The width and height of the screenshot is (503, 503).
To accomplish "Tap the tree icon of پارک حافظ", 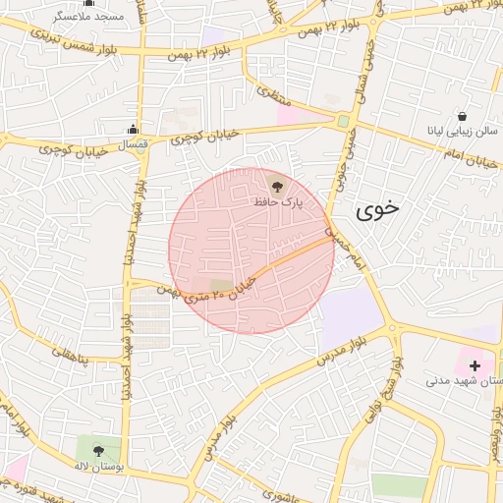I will [277, 185].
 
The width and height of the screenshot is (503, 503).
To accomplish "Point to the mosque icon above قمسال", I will [133, 129].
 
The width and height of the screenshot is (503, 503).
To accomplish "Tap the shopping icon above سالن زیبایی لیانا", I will [462, 116].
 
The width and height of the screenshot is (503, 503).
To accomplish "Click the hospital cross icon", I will [475, 365].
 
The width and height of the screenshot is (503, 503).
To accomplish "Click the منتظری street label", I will [267, 94].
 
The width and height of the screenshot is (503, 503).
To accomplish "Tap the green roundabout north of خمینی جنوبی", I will [342, 122].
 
